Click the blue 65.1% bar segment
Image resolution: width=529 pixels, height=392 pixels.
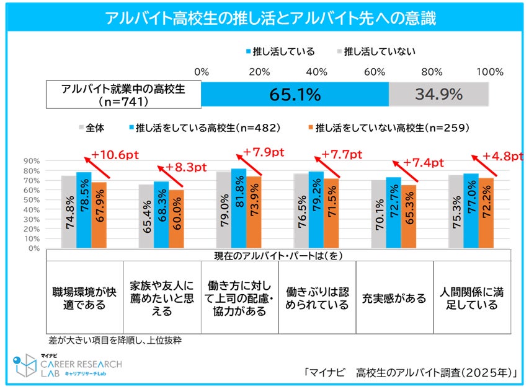[x=295, y=95]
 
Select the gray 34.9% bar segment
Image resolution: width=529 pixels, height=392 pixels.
[x=438, y=95]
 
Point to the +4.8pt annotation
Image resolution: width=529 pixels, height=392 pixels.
[x=504, y=156]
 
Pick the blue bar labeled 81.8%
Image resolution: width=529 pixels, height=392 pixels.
[x=239, y=208]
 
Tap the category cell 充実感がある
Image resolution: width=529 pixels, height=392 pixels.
[x=394, y=298]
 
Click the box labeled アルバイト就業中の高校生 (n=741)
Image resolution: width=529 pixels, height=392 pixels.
[x=123, y=95]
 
